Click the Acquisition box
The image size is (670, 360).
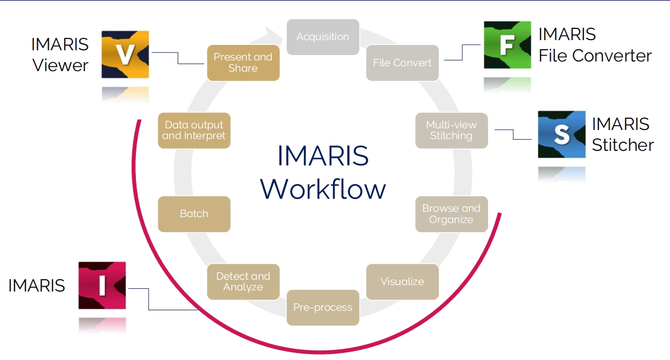pos(323,37)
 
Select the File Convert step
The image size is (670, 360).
pos(402,63)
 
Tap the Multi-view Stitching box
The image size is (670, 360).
pos(451,131)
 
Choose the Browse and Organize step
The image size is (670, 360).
pos(451,214)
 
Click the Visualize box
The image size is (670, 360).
pos(402,281)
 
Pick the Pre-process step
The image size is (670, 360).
pos(323,308)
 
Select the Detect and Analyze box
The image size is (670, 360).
pos(243,281)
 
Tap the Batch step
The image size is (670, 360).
pos(194,214)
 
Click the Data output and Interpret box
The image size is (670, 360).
pos(194,131)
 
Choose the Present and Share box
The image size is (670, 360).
pos(243,63)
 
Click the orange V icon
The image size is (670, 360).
pos(125,55)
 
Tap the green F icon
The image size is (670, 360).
pos(507,45)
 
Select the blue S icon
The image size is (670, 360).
pos(561,134)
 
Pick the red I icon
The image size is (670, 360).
pos(102,285)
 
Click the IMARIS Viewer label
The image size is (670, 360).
pos(60,55)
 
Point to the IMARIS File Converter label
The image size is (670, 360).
pos(595,45)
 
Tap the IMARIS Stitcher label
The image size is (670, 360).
pos(622,134)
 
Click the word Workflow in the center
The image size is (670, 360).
pos(323,189)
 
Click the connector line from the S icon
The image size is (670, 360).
pos(513,134)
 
